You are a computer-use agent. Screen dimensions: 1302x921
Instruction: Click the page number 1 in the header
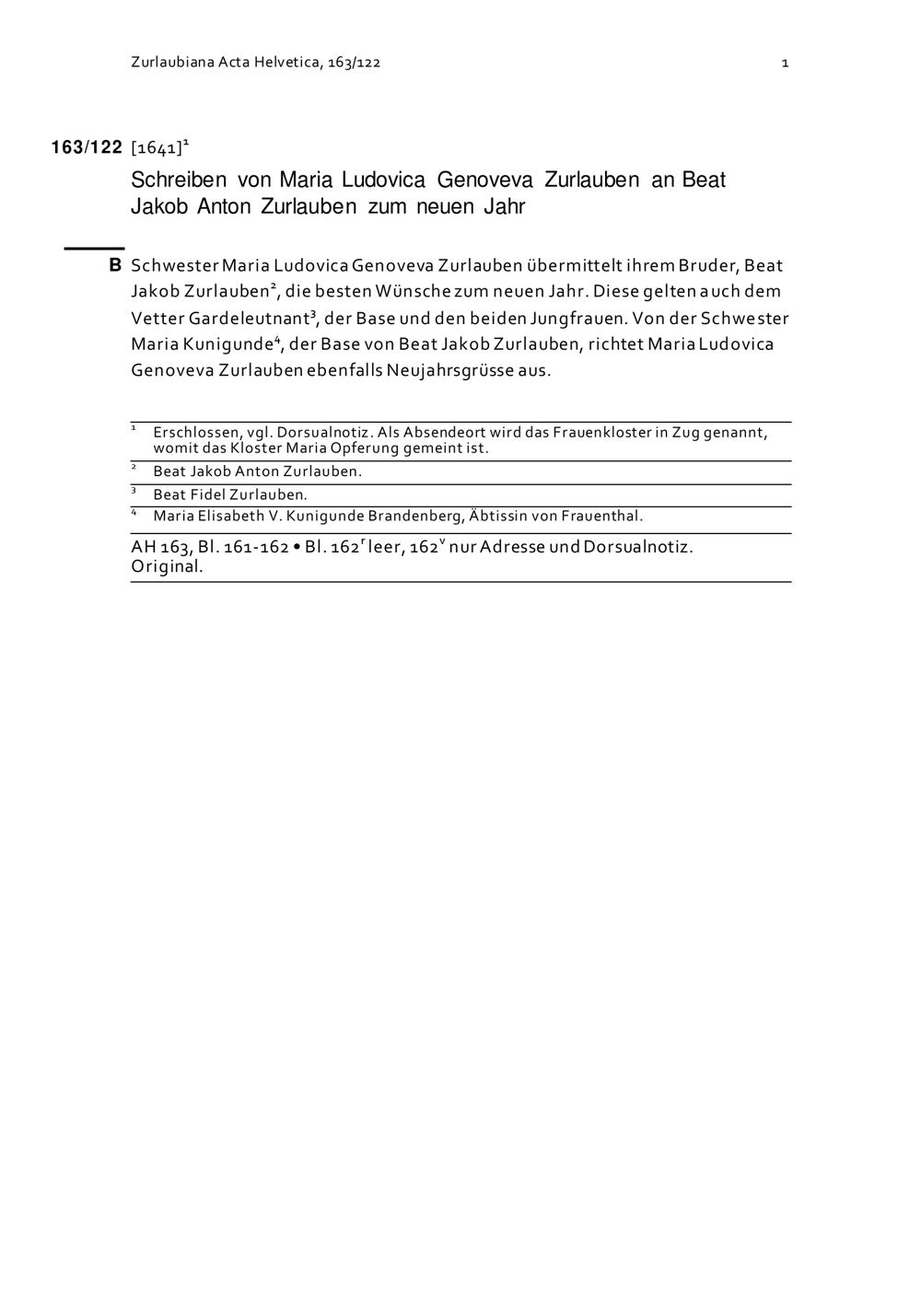tap(785, 63)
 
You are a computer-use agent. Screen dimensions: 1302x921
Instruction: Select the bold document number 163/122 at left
tap(87, 147)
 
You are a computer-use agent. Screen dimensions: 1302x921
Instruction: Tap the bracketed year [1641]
tap(157, 148)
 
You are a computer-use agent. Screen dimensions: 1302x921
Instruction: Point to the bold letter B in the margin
tap(115, 265)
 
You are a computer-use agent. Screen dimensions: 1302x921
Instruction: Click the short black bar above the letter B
tap(94, 248)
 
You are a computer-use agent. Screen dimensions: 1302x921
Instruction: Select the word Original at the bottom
tap(167, 566)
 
